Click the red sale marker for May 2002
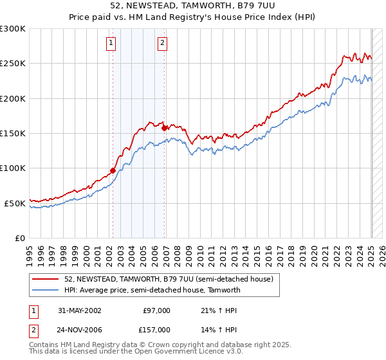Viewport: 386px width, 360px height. coord(113,170)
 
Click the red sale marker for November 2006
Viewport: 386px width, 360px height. coord(165,128)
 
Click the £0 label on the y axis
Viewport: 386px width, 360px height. coord(20,238)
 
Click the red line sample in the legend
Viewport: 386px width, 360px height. coord(46,279)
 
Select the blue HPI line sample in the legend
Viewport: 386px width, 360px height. coord(46,290)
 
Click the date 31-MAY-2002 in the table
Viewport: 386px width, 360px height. coord(79,310)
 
